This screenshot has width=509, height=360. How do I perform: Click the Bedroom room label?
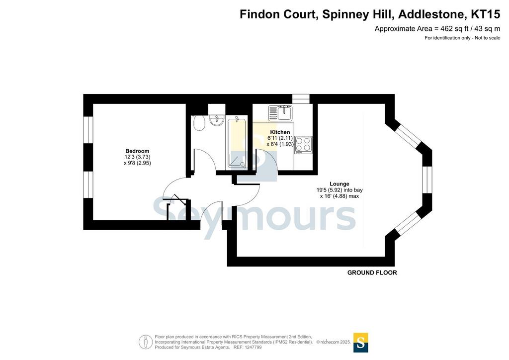(x=137, y=151)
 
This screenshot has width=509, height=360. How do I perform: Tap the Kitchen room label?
(x=280, y=132)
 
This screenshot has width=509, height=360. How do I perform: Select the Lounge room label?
(x=339, y=184)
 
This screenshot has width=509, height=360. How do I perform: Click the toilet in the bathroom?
(x=199, y=123)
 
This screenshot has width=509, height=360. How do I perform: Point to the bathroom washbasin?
(x=217, y=120)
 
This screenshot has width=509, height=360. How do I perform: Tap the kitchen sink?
(x=280, y=112)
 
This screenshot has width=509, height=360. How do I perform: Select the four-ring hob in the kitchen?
(x=304, y=145)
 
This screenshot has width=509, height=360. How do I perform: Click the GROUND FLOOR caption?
(x=372, y=272)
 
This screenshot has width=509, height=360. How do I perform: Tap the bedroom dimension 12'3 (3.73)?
(x=137, y=157)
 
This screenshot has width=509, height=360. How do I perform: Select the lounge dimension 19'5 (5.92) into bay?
(x=339, y=190)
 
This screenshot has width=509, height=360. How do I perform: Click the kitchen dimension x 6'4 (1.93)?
(x=280, y=144)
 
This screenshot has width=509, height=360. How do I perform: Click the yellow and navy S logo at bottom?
(x=361, y=343)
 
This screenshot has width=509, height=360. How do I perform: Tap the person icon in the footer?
(x=146, y=342)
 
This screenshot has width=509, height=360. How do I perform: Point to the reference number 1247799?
(x=251, y=348)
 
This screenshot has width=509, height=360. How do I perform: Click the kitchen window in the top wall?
(x=301, y=99)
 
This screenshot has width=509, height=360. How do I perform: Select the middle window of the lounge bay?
(x=427, y=180)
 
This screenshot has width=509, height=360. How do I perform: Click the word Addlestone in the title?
(x=430, y=14)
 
